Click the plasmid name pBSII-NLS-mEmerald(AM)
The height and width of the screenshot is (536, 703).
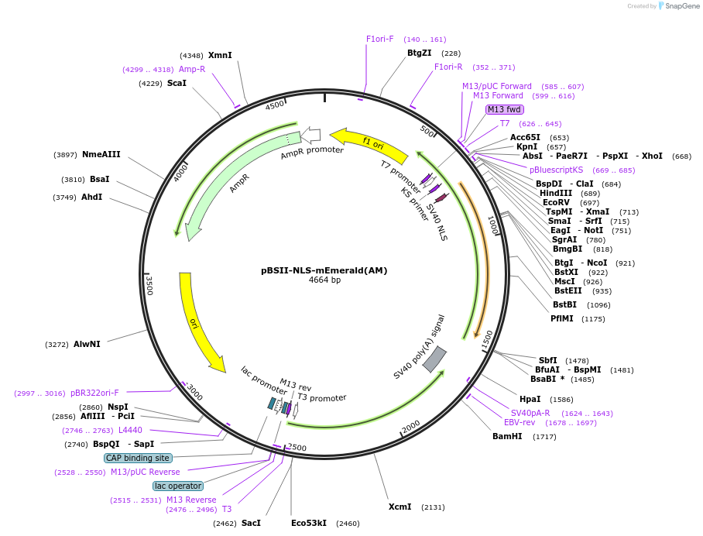324,270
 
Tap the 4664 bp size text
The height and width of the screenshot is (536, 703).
324,280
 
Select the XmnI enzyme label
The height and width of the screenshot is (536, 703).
220,55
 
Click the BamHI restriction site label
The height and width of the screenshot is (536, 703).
507,436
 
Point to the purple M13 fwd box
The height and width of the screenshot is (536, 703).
505,109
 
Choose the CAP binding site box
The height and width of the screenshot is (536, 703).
138,458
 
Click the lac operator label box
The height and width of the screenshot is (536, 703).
178,486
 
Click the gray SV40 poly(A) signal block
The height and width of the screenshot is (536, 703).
434,358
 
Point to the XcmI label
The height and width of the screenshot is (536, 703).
400,507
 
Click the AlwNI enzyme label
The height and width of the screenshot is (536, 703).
87,344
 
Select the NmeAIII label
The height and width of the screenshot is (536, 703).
101,154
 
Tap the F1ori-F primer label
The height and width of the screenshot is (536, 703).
380,39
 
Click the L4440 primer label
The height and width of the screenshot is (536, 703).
130,430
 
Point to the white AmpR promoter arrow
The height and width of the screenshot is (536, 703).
310,136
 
